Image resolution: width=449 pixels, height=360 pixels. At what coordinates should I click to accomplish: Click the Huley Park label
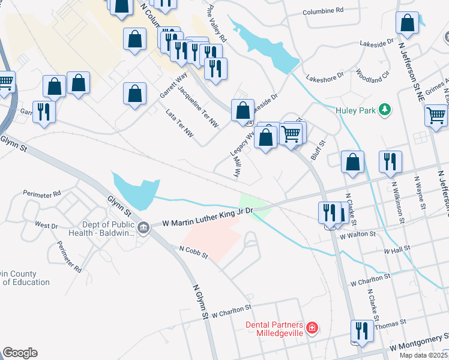[355, 109]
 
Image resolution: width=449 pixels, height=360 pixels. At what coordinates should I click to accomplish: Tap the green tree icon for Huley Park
[385, 109]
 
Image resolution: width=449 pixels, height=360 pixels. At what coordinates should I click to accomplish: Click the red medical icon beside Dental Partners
[312, 328]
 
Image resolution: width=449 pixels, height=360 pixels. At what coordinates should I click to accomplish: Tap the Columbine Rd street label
[323, 10]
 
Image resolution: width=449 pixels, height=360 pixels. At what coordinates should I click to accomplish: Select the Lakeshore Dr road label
[324, 77]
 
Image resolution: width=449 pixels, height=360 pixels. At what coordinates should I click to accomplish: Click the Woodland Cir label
[372, 75]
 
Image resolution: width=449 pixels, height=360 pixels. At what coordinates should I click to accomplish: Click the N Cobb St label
[193, 251]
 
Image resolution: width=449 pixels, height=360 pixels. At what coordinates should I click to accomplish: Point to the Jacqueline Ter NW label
[198, 106]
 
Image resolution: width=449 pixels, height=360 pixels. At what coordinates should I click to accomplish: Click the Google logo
[20, 353]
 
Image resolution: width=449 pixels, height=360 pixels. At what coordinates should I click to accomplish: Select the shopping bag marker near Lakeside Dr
[243, 110]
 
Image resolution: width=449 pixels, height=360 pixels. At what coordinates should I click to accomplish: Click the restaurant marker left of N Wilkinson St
[390, 161]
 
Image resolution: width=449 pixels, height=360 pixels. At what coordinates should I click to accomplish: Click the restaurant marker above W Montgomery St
[362, 330]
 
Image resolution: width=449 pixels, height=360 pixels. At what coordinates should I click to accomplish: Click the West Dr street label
[46, 225]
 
